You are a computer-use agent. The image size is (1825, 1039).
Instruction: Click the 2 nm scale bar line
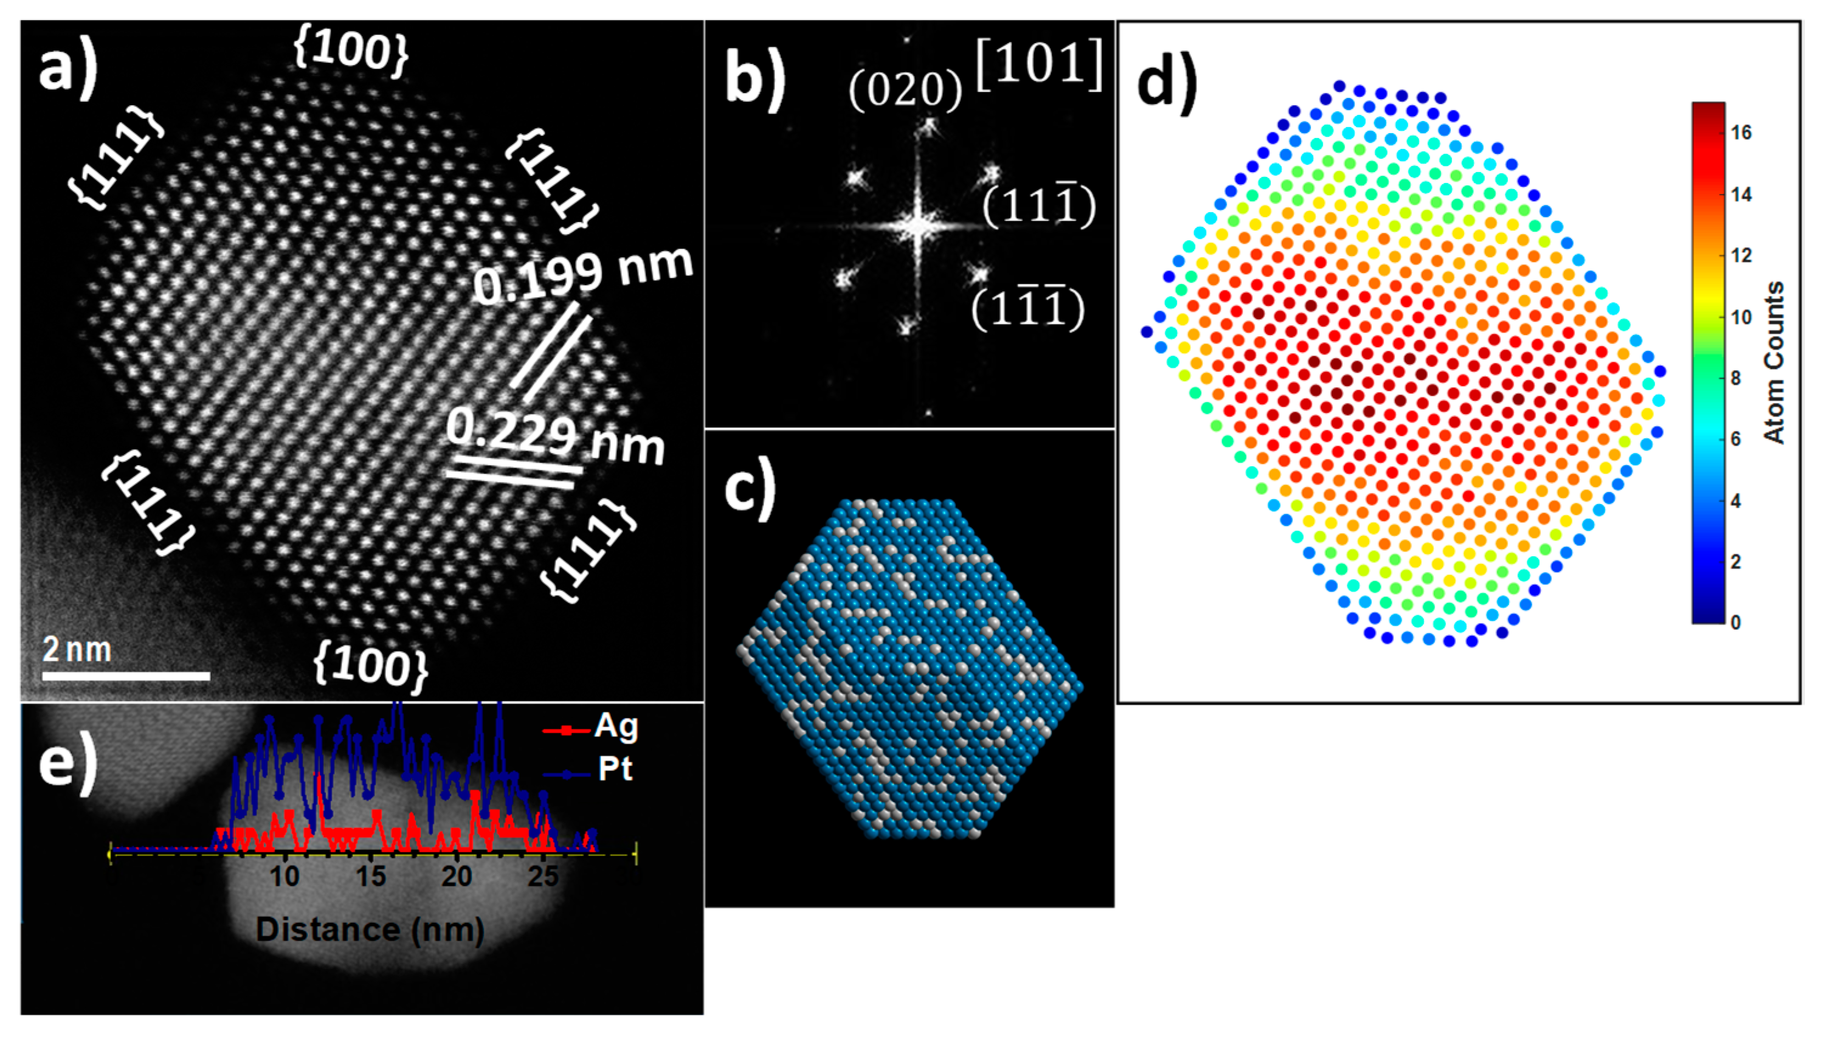126,675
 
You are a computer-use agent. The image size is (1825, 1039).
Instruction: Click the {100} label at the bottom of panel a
370,667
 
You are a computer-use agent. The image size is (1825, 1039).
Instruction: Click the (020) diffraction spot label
905,91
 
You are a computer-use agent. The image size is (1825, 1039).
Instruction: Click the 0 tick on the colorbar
1735,623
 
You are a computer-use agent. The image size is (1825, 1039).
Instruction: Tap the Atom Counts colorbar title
1775,362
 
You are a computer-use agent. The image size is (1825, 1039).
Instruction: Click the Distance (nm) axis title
370,930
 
